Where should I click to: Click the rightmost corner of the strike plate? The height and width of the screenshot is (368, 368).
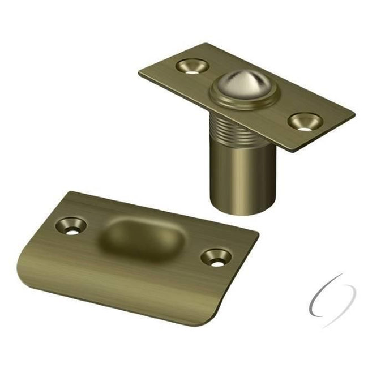258,232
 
